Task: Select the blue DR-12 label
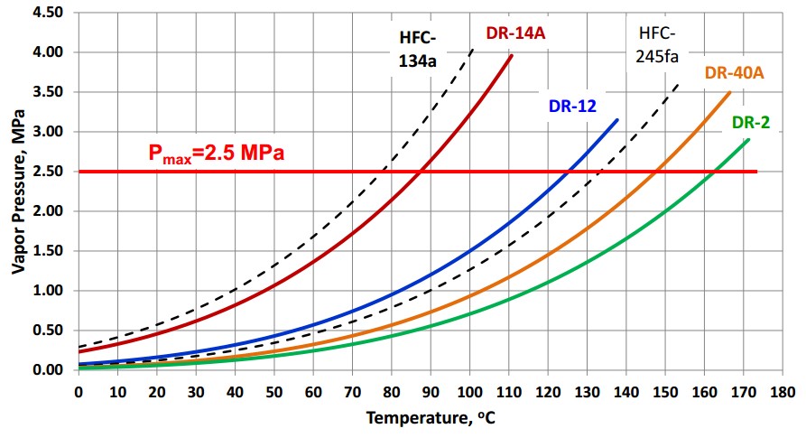click(x=572, y=107)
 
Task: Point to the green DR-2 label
click(x=750, y=122)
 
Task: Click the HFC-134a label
click(x=418, y=50)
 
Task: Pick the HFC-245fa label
click(x=657, y=46)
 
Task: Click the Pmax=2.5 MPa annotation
click(x=217, y=153)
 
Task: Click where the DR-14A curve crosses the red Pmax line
click(x=420, y=172)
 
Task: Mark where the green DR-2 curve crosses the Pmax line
click(x=715, y=172)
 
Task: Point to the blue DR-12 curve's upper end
click(x=617, y=119)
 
